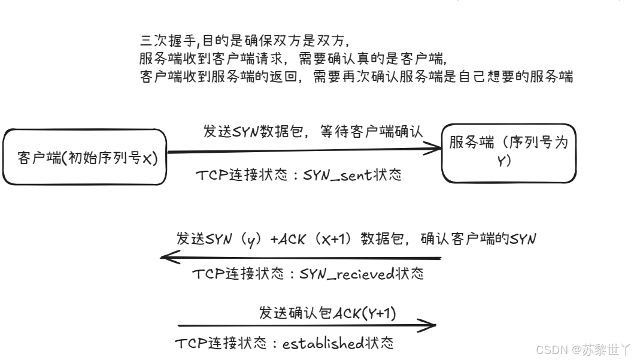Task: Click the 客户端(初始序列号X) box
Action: click(x=84, y=157)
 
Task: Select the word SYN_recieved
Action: click(x=345, y=274)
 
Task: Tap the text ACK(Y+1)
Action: click(x=365, y=312)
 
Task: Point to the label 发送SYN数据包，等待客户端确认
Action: click(x=313, y=132)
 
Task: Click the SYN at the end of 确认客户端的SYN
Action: click(x=522, y=238)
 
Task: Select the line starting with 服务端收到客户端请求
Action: click(x=293, y=59)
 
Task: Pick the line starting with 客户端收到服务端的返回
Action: click(x=357, y=77)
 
